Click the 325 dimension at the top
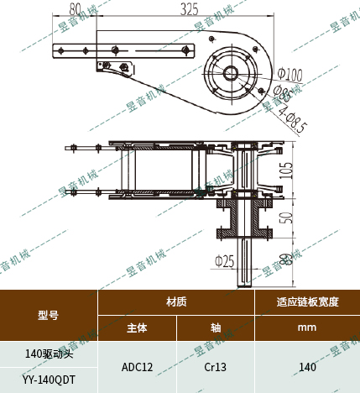pyautogui.click(x=190, y=9)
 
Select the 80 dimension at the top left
pyautogui.click(x=76, y=9)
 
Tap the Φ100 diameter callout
pyautogui.click(x=290, y=73)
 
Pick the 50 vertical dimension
pyautogui.click(x=286, y=217)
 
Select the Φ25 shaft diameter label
pyautogui.click(x=223, y=260)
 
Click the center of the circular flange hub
pyautogui.click(x=230, y=72)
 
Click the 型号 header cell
pyautogui.click(x=48, y=316)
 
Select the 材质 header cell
pyautogui.click(x=176, y=301)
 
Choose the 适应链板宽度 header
pyautogui.click(x=307, y=301)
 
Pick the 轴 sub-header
pyautogui.click(x=215, y=328)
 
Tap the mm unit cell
pyautogui.click(x=307, y=328)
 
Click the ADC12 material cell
pyautogui.click(x=137, y=367)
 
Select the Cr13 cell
pyautogui.click(x=215, y=367)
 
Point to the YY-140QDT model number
pyautogui.click(x=49, y=380)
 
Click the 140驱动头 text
pyautogui.click(x=49, y=354)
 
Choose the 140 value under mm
pyautogui.click(x=307, y=367)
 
